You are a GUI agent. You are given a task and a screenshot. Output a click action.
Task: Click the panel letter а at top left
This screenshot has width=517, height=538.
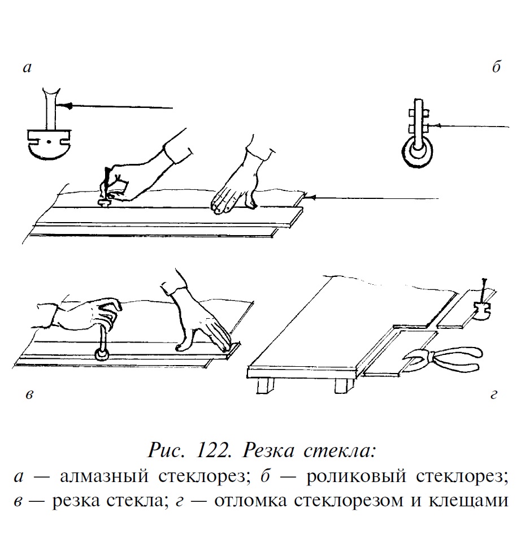point(27,69)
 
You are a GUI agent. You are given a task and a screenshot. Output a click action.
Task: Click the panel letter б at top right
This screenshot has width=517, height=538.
point(496,68)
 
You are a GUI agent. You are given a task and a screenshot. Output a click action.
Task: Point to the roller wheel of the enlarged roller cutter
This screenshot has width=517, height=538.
point(419,153)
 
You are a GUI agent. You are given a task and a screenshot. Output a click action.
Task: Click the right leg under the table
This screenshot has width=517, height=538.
point(341,387)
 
